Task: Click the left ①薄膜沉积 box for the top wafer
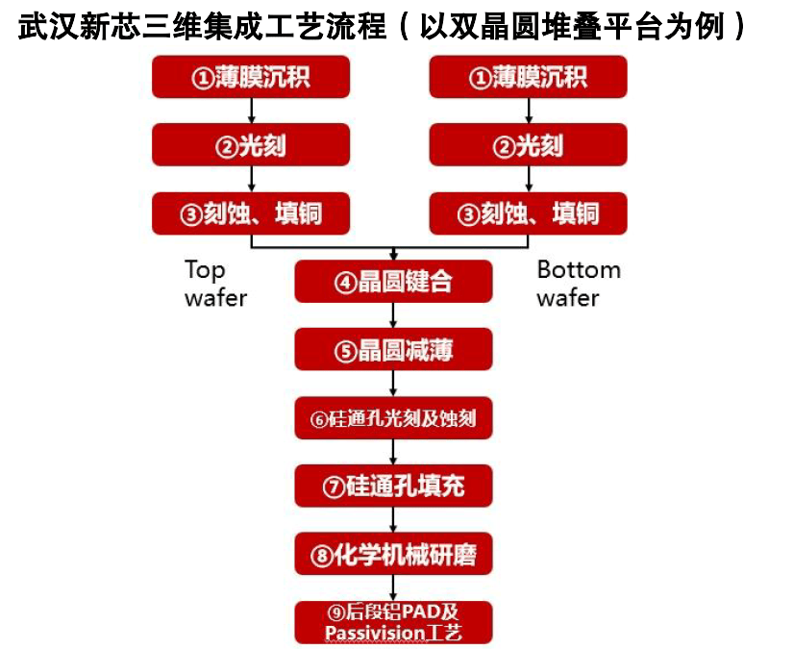coord(251,77)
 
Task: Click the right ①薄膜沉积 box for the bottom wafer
coord(528,77)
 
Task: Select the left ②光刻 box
coord(251,145)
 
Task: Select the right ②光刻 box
coord(528,145)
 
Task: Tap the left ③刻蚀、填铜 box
coord(251,213)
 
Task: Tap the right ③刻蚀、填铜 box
coord(528,213)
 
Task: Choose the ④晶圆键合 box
coord(393,282)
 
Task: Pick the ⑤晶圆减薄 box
coord(393,350)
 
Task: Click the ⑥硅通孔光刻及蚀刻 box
coord(393,418)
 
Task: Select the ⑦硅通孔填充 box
coord(393,486)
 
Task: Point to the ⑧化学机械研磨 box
coord(393,554)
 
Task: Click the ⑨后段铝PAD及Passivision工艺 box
coord(393,622)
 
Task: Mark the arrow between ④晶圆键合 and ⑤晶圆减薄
coord(393,316)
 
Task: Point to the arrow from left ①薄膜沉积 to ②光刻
coord(251,112)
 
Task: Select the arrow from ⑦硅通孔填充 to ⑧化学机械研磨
coord(393,520)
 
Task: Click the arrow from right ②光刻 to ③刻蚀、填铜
coord(528,180)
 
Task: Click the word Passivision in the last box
coord(374,633)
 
